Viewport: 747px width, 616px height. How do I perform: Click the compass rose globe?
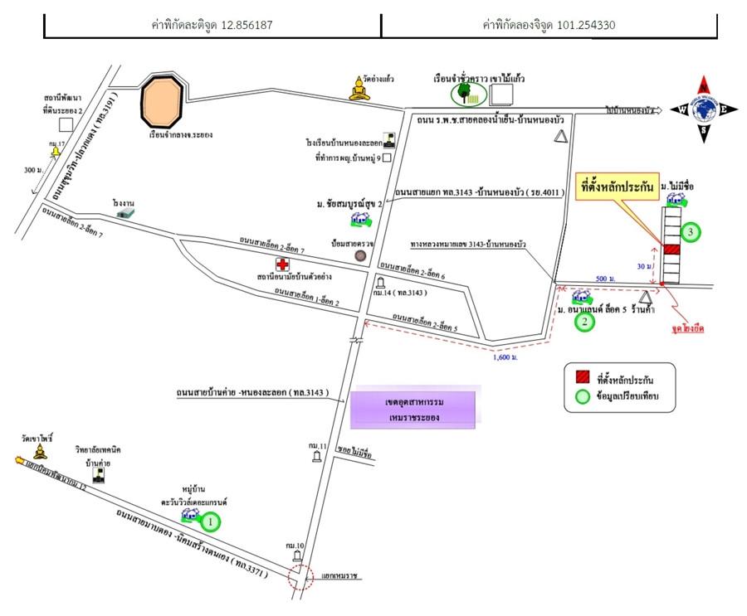704,109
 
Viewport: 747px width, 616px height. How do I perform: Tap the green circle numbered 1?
212,521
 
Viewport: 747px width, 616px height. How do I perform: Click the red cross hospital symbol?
283,264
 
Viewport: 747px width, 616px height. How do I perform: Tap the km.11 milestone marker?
317,456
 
